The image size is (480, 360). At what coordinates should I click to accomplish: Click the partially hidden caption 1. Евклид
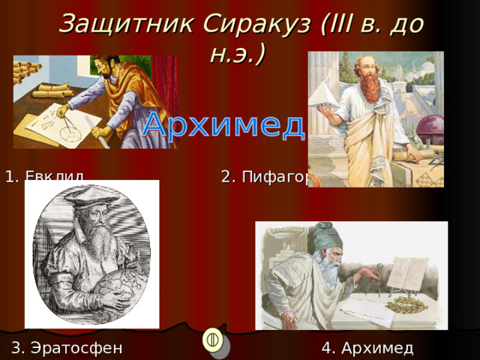tap(44, 178)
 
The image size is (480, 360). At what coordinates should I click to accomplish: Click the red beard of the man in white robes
tap(368, 87)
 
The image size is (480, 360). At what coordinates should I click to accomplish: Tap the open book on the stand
tap(408, 274)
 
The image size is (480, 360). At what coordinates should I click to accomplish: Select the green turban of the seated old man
tap(328, 237)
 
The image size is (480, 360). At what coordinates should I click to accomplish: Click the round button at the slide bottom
tap(213, 339)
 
